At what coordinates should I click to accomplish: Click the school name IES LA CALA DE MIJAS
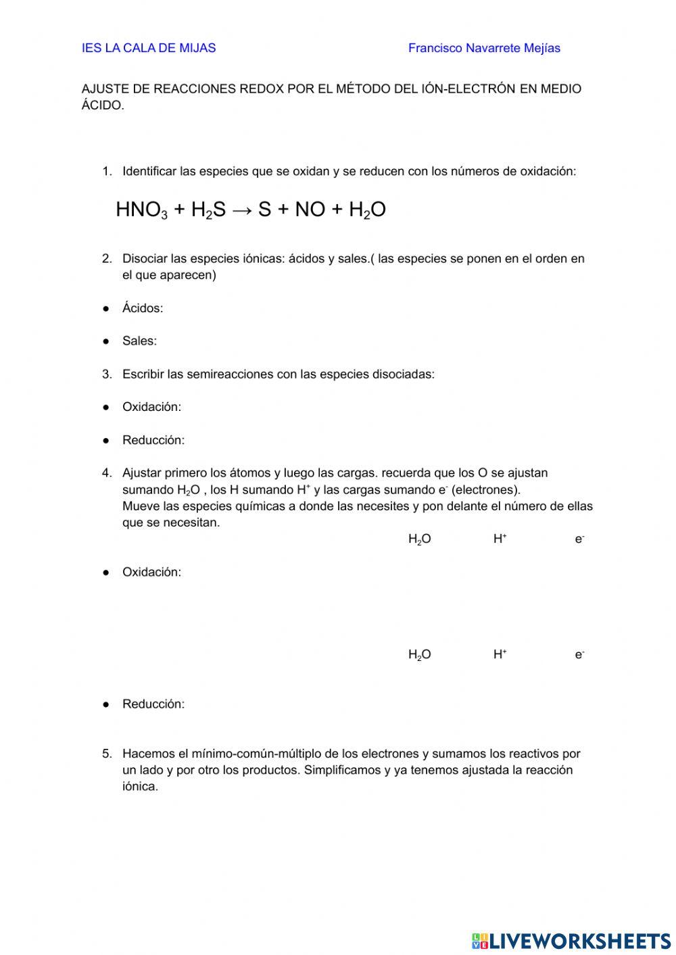point(149,48)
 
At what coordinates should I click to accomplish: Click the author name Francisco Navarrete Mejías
point(484,48)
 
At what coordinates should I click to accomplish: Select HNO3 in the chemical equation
point(141,210)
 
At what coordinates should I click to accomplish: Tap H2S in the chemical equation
point(208,210)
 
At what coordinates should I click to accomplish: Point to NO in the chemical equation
point(310,210)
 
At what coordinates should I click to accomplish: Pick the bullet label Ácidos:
point(143,308)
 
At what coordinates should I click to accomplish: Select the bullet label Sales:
point(139,341)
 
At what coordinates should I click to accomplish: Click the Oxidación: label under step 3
point(151,407)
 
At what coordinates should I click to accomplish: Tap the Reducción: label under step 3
point(153,440)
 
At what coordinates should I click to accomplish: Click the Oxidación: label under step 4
point(151,572)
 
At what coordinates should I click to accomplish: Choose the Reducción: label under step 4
point(153,704)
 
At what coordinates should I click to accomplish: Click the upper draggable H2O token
point(419,539)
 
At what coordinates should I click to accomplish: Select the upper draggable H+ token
point(500,539)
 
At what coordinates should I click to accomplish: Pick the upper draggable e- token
point(579,539)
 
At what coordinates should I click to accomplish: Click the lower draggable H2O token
point(419,655)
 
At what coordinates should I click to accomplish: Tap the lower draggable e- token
point(579,655)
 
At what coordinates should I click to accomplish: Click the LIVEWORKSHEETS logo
point(571,940)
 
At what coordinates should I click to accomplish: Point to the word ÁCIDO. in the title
point(103,105)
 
